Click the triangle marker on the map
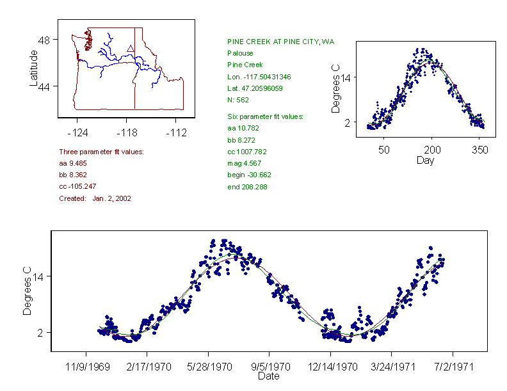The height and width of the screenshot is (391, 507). point(131,48)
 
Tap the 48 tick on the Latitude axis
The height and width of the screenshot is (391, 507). point(44,39)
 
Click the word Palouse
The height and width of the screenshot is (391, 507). point(240,53)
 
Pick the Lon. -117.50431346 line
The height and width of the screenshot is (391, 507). point(259,77)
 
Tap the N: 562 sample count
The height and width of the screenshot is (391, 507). point(238,100)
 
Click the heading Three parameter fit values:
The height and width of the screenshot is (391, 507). point(101,152)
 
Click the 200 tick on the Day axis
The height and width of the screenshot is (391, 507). point(432,150)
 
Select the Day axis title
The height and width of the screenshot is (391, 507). point(425,161)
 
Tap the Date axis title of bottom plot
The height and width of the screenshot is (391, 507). point(268,377)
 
